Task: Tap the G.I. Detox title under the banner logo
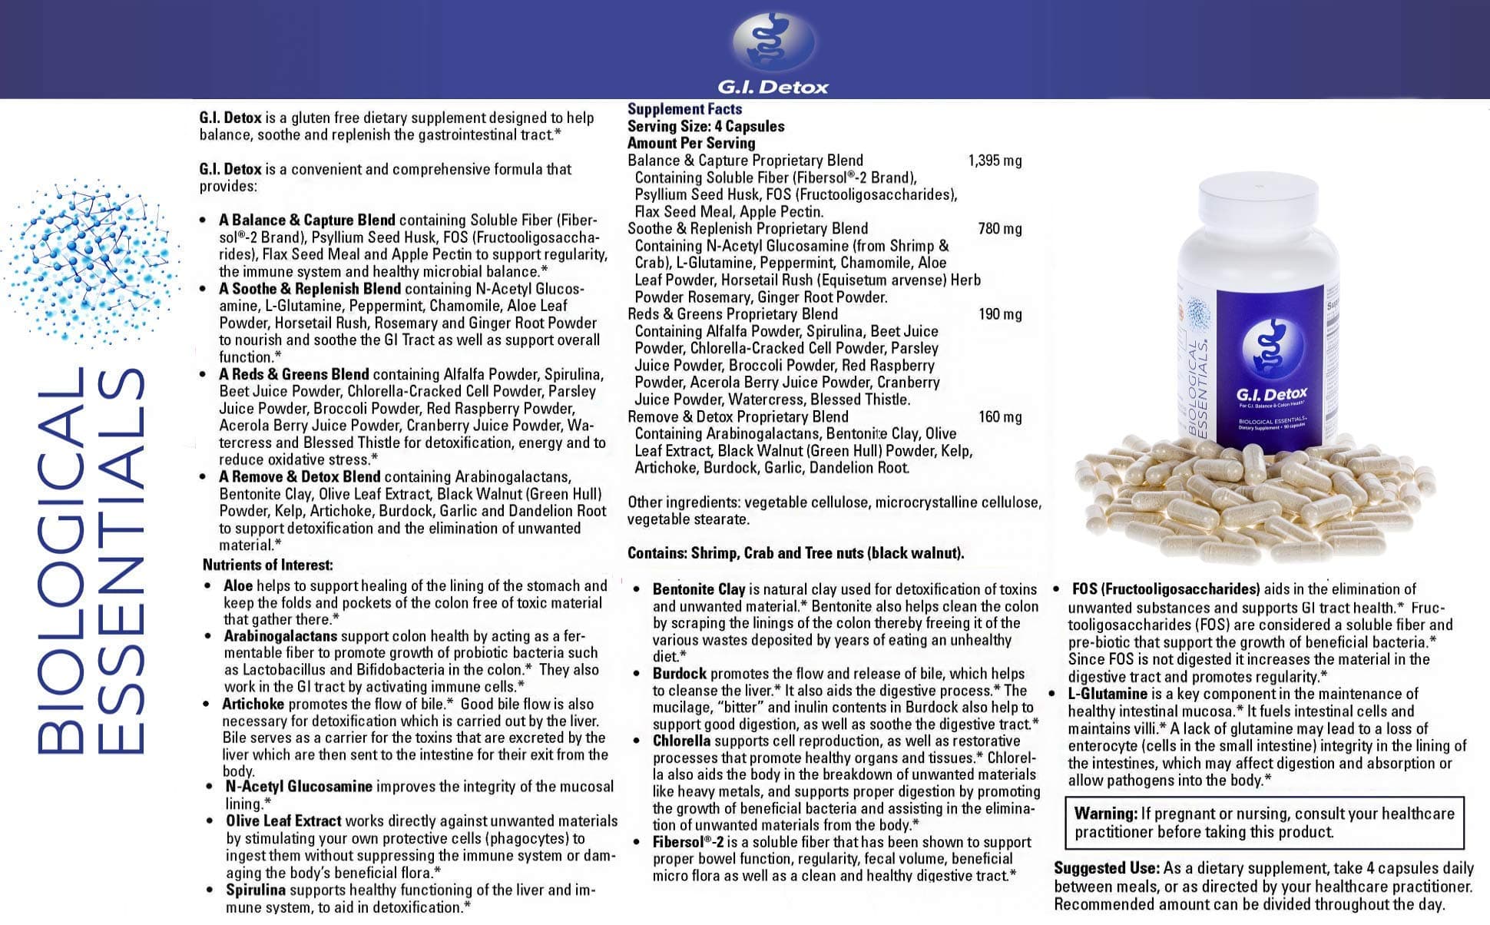[x=773, y=87]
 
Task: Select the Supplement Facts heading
[x=684, y=109]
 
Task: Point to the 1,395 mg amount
[x=995, y=161]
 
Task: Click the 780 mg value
[x=999, y=228]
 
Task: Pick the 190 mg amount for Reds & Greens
[x=999, y=313]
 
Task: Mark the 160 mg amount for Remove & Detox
[x=999, y=416]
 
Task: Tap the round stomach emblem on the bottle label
[x=1273, y=344]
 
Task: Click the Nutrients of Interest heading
[x=267, y=565]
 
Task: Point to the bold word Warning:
[x=1105, y=813]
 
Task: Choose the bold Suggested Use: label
[x=1106, y=868]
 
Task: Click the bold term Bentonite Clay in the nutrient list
[x=698, y=589]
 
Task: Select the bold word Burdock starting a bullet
[x=679, y=673]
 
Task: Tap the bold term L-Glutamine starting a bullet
[x=1107, y=693]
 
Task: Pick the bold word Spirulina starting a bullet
[x=255, y=890]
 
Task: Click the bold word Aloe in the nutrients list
[x=238, y=585]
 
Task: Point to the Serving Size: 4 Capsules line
[x=705, y=126]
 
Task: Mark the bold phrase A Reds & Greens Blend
[x=293, y=374]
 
